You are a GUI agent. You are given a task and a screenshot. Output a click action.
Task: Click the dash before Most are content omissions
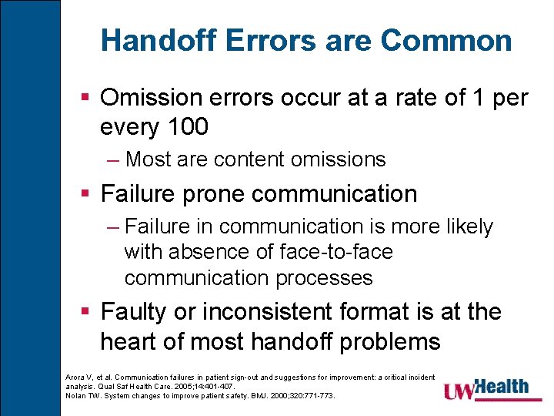[x=114, y=159]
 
